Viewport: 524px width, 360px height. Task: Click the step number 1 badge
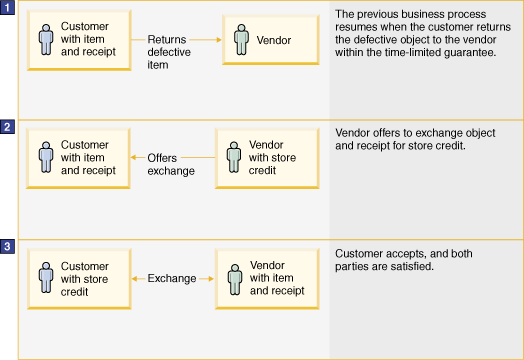[8, 9]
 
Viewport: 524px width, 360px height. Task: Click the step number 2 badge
[8, 127]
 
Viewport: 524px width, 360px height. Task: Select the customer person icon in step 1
[45, 40]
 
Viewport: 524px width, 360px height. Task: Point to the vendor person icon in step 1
[240, 40]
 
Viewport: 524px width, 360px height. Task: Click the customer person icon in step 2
[45, 158]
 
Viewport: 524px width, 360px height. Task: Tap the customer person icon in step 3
[45, 277]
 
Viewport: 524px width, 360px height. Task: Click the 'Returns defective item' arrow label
[167, 52]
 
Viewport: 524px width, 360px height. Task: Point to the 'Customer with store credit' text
[84, 277]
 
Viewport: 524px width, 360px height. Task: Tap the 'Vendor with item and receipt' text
[276, 277]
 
